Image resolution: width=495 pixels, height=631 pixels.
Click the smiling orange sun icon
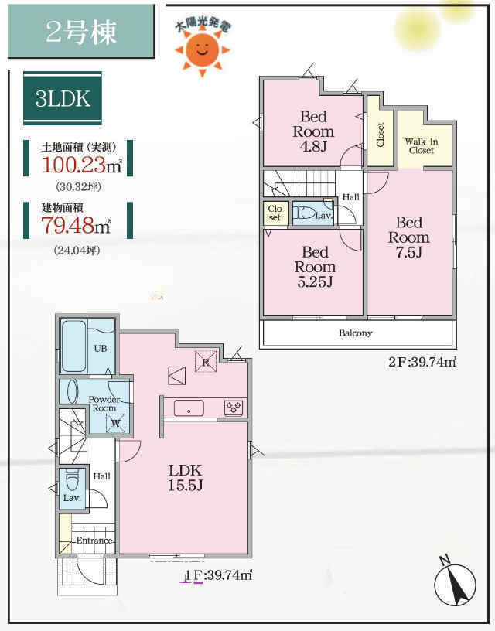(x=202, y=50)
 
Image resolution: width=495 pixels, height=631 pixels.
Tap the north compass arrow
(x=456, y=582)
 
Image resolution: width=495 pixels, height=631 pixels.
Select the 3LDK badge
(x=63, y=98)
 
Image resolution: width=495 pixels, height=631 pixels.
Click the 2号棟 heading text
(x=81, y=32)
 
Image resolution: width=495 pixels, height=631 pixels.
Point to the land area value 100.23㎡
(x=82, y=164)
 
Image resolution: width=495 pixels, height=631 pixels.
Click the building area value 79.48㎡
(x=76, y=225)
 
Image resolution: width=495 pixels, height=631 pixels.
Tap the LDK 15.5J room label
(x=185, y=478)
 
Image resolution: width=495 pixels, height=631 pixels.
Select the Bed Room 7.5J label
(x=409, y=237)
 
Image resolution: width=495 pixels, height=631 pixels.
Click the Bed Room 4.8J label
(x=313, y=131)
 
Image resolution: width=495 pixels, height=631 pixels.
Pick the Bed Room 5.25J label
(x=315, y=267)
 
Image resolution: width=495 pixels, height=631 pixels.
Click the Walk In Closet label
(x=422, y=145)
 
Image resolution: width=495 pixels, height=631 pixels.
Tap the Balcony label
(x=356, y=333)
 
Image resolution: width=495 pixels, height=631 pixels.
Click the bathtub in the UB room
(x=73, y=346)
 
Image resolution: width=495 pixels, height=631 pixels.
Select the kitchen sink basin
(x=189, y=408)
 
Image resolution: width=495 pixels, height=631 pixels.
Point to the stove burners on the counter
(x=234, y=408)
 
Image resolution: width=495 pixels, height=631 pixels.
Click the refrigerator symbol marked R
(x=206, y=361)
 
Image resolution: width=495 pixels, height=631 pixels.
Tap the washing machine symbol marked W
(x=115, y=423)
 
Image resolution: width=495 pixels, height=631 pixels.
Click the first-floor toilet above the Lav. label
(x=72, y=479)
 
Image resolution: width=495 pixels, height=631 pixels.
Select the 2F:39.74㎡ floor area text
(x=422, y=362)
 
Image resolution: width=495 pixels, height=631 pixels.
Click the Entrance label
(x=94, y=541)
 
